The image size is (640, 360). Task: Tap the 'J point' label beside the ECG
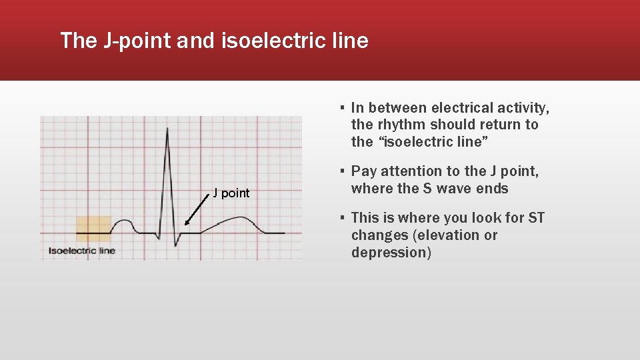pos(231,193)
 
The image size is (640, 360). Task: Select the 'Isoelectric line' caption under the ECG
pos(81,251)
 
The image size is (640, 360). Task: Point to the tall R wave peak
pos(167,131)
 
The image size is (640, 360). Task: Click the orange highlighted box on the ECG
pos(93,228)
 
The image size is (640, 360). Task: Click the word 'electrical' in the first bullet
pos(462,108)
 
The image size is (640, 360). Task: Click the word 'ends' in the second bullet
pos(493,189)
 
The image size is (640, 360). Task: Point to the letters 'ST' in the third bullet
pos(535,218)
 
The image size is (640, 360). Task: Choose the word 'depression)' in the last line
pos(391,253)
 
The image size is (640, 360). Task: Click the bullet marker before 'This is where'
pos(341,218)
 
